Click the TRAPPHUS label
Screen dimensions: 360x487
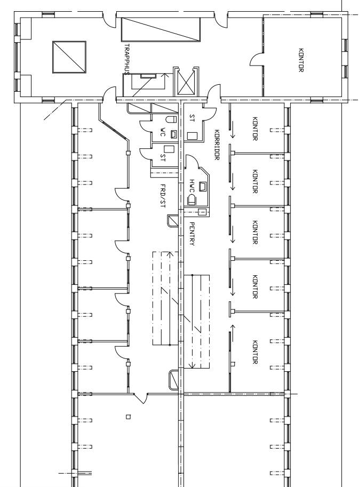127,59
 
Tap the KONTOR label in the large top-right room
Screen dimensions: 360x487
301,60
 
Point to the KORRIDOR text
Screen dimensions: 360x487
217,145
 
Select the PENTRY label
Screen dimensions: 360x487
192,234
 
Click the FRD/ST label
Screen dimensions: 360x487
163,196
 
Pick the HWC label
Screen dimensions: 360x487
192,186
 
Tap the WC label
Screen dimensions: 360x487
163,132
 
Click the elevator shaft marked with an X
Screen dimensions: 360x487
186,82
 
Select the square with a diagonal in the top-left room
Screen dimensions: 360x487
69,57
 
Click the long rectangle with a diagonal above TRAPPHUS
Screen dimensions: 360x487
161,29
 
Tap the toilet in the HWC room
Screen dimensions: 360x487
193,199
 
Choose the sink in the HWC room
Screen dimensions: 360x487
203,186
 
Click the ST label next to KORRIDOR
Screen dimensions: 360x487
192,118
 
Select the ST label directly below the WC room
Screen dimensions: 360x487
163,158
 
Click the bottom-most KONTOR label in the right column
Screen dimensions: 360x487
255,352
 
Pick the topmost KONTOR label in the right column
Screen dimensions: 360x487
255,129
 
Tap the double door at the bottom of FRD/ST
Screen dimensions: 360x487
141,398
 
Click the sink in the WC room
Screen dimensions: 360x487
174,134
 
